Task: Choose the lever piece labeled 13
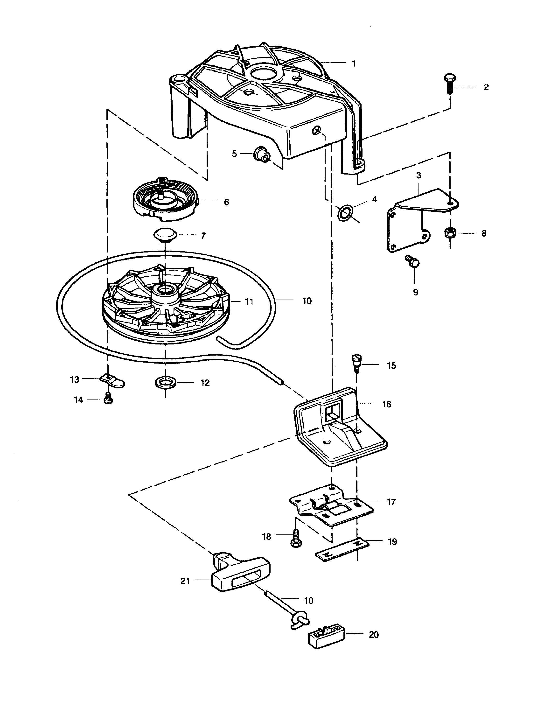click(112, 380)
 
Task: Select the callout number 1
click(354, 64)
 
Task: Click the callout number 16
click(387, 404)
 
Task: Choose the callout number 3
click(418, 175)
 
